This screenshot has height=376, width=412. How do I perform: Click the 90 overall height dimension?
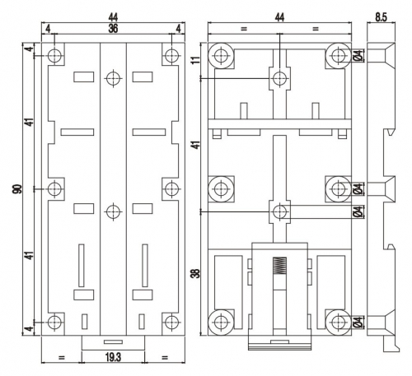[17, 189]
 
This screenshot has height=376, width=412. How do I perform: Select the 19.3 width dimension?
[113, 357]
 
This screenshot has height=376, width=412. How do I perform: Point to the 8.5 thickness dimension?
[381, 17]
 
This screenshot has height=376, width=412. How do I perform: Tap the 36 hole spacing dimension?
[113, 29]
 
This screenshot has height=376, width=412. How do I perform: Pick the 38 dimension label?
[196, 273]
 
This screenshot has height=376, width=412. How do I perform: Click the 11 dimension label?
[196, 60]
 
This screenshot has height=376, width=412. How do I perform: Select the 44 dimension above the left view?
[113, 17]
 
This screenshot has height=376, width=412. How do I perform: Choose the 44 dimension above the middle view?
[279, 17]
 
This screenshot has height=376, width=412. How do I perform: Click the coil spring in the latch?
[279, 265]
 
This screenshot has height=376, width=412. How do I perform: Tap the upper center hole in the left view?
[113, 79]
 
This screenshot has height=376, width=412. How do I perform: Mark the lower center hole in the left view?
[113, 211]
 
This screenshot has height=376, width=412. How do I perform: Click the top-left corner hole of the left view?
[54, 56]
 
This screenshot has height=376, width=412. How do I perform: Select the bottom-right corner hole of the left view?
[171, 323]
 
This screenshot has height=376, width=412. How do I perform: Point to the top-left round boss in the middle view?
[221, 56]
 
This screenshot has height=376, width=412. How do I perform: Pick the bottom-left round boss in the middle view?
[221, 323]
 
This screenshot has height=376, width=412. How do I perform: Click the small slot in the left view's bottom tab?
[113, 341]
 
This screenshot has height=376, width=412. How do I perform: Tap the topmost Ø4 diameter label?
[358, 56]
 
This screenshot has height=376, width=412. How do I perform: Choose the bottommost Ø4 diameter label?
[358, 323]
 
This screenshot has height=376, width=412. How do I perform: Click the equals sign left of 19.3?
[62, 358]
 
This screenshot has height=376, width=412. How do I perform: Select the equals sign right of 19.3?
[165, 358]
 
